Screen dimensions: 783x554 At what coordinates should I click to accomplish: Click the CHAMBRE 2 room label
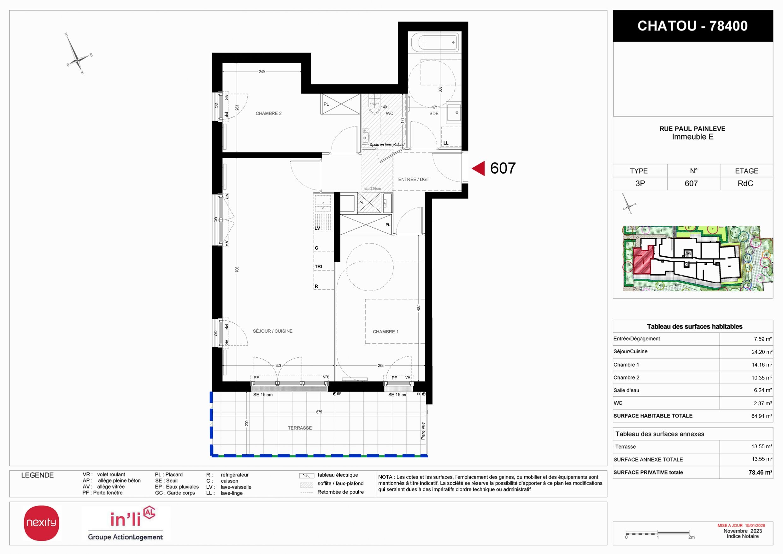[x=268, y=113]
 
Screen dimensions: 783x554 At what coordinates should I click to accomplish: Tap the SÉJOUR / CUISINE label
[x=273, y=331]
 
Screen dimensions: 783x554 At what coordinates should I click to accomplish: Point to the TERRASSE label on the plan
[x=300, y=428]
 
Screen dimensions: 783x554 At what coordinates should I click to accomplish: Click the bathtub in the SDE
[x=435, y=42]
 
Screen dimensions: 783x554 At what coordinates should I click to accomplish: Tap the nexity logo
[x=41, y=523]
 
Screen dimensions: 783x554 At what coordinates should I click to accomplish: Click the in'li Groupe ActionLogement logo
[x=126, y=524]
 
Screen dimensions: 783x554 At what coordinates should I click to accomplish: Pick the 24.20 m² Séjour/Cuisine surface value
[x=762, y=352]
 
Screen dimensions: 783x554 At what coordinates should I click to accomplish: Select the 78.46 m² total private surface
[x=760, y=473]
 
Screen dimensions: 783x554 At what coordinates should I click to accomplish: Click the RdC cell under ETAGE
[x=745, y=183]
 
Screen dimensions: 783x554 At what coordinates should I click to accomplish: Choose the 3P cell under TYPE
[x=640, y=183]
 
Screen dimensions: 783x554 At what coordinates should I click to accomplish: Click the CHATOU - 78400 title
[x=693, y=26]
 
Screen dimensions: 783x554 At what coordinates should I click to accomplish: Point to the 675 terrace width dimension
[x=319, y=412]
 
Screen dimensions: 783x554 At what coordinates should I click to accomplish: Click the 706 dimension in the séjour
[x=237, y=270]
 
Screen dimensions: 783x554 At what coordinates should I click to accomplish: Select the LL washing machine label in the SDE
[x=446, y=143]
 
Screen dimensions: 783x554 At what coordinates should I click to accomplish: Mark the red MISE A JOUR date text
[x=741, y=525]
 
